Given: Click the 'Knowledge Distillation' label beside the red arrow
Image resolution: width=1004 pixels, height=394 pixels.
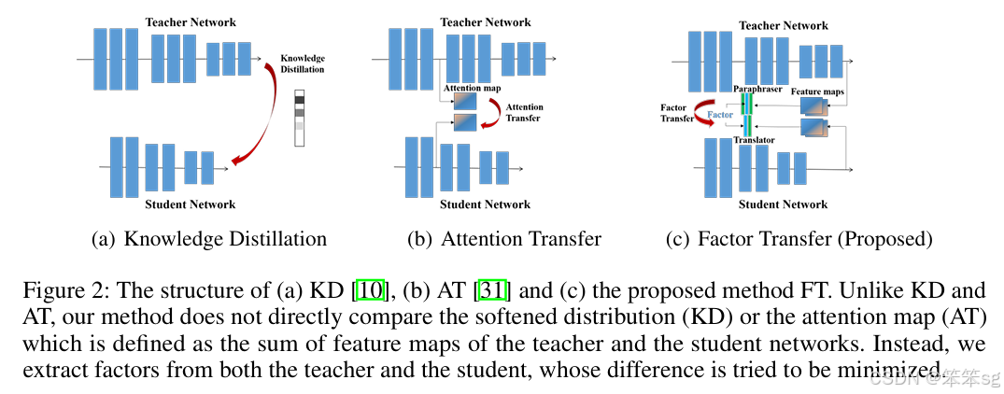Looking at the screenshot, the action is click(x=303, y=63).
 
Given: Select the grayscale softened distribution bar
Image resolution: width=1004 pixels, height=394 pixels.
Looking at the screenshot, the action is click(x=300, y=118).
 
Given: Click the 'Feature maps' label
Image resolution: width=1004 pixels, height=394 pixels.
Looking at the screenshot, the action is click(x=818, y=91).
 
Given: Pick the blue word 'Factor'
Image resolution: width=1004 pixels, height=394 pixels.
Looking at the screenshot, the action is click(x=720, y=114).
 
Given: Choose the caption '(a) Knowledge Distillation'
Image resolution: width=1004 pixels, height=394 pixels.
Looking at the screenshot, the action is click(x=209, y=239).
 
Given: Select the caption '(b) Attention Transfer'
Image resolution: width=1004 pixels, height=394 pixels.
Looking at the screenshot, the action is click(x=504, y=239).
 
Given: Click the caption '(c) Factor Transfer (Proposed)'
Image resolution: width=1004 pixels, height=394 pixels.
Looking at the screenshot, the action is click(x=799, y=239).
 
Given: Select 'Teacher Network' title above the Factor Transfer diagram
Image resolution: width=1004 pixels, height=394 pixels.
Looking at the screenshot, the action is click(x=785, y=26).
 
